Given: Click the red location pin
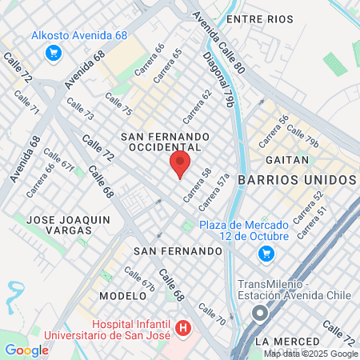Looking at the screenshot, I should coord(180,166).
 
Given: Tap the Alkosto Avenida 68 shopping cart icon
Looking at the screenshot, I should coord(54,53).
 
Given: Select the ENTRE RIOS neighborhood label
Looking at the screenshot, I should coord(254,18).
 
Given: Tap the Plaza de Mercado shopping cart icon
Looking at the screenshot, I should coord(266,254).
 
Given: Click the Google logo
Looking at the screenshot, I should coord(26,350).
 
